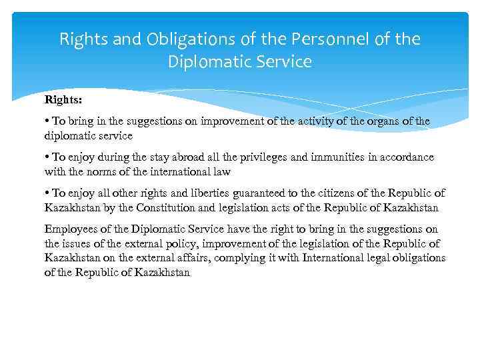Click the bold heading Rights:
62,100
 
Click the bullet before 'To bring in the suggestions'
47,122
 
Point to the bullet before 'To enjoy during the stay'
47,157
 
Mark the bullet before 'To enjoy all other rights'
47,193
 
